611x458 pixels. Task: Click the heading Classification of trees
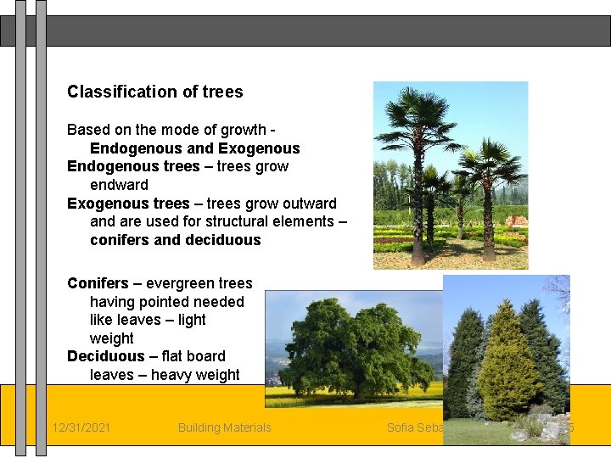[x=154, y=92]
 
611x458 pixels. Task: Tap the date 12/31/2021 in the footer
[x=81, y=427]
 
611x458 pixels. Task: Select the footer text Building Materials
[x=224, y=427]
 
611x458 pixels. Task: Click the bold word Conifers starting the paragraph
[x=98, y=283]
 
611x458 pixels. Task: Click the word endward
[x=119, y=185]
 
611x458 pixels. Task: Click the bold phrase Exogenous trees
[x=128, y=204]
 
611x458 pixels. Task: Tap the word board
[x=206, y=356]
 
